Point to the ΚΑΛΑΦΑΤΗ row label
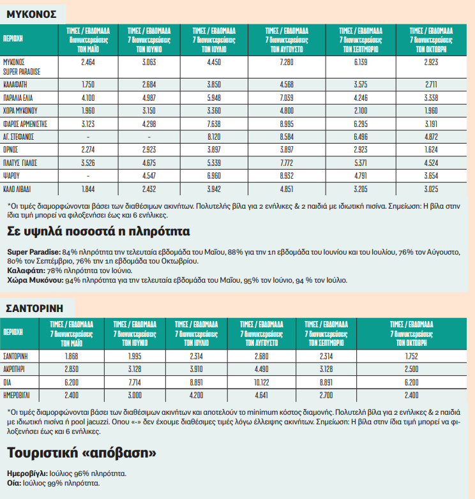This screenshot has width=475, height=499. point(16,84)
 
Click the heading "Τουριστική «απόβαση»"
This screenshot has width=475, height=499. point(82,453)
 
